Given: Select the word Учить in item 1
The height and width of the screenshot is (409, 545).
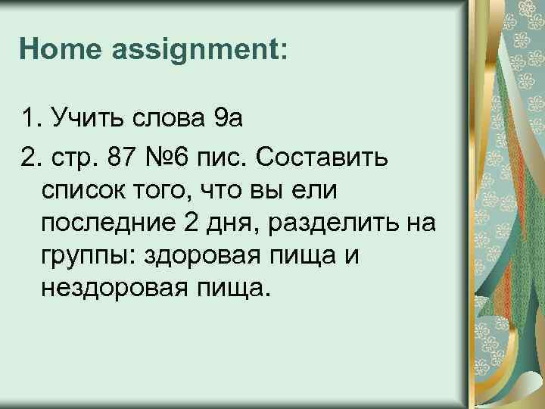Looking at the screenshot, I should [82, 119].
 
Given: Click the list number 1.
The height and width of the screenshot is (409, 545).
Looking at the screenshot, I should [29, 119].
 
